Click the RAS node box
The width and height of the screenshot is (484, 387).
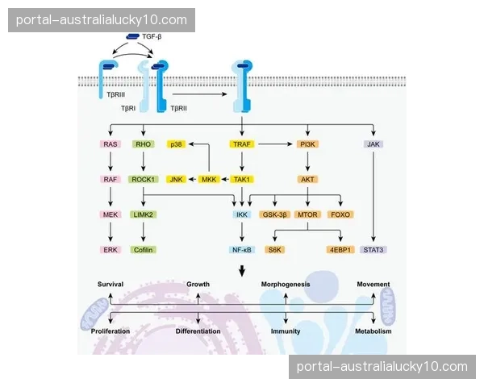tap(111, 144)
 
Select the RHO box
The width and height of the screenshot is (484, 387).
tap(144, 144)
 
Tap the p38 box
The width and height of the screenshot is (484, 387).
tap(177, 144)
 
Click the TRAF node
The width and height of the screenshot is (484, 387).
tap(242, 144)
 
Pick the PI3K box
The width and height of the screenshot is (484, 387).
tap(307, 144)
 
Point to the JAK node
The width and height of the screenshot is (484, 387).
tap(373, 144)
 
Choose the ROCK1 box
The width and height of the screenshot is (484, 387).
tap(144, 179)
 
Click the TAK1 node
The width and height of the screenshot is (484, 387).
tap(242, 179)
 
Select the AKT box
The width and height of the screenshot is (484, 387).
tap(307, 179)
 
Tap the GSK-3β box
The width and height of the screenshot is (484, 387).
tap(274, 214)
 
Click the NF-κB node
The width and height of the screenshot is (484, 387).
tap(242, 250)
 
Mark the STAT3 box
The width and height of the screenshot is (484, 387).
tap(373, 250)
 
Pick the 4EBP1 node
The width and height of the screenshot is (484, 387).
tap(340, 250)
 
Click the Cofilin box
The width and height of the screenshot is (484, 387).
tap(144, 250)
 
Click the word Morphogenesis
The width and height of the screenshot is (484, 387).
tap(286, 285)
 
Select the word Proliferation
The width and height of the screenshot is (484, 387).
tap(111, 331)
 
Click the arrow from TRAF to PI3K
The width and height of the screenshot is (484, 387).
tap(275, 144)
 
